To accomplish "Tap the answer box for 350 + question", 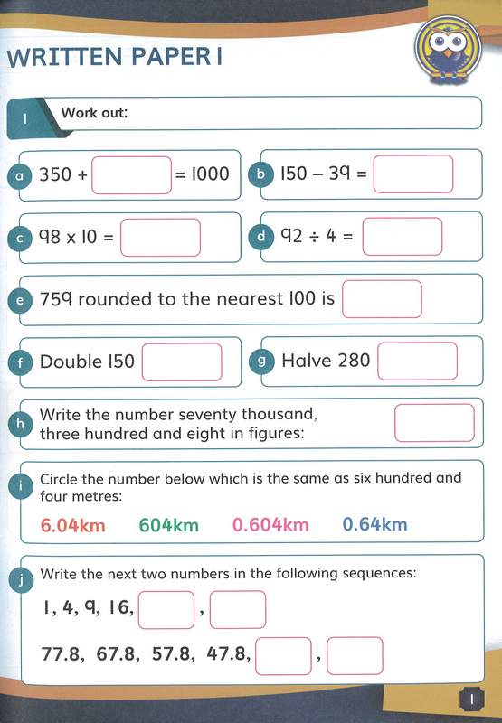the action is pos(131,174).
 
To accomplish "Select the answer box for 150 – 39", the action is pos(412,174).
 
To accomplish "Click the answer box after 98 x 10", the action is pos(160,238).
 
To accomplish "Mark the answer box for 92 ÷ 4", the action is pos(403,237).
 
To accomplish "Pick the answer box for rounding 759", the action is pos(382,298).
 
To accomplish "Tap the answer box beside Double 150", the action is pos(182,361).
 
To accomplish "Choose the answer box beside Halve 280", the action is pos(417,361).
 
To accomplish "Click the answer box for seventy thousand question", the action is pos(434,422).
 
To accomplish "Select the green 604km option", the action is pos(173,525).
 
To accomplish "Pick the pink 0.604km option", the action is pos(270,525).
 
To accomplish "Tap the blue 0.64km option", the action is pos(374,525).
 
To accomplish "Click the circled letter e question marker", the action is pos(20,300).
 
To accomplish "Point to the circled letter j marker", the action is pos(20,579).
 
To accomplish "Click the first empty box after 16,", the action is pos(166,610).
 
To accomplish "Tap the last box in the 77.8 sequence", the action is pos(355,655).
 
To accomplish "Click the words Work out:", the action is pos(94,114).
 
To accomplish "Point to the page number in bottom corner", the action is pos(472,699).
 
